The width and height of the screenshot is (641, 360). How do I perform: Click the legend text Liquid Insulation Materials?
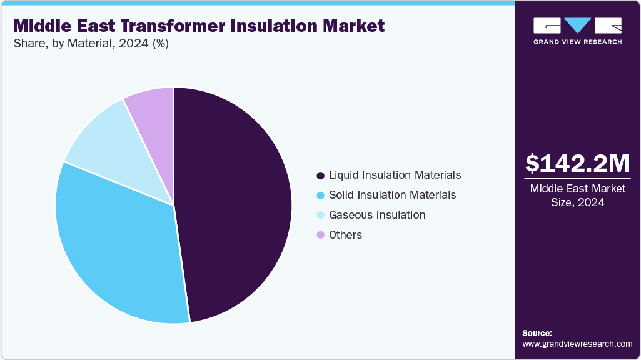[395, 175]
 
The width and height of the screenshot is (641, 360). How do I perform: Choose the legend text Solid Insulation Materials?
[392, 195]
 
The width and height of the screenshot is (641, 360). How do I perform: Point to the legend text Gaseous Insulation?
[377, 215]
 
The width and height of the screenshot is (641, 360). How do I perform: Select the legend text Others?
[345, 235]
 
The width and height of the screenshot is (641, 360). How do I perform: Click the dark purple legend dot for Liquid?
[321, 176]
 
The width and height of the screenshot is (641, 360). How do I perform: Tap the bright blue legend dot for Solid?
[321, 196]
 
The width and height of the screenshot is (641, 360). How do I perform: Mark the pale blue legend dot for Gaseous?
[321, 216]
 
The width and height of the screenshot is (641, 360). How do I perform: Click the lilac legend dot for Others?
[321, 236]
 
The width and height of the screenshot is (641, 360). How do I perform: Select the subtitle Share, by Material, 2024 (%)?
[91, 44]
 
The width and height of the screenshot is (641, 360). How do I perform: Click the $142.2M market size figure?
[577, 163]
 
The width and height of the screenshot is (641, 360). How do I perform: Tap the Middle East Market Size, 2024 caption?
[577, 196]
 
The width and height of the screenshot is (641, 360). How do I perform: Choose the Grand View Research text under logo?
[577, 42]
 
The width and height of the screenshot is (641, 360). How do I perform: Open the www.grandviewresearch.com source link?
[577, 344]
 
